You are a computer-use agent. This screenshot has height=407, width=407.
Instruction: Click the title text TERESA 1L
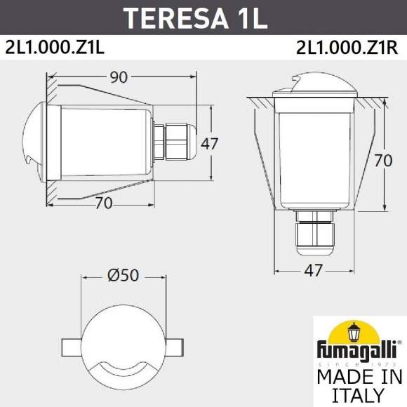(x=203, y=17)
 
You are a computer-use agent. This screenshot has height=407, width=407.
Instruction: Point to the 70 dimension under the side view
(x=104, y=203)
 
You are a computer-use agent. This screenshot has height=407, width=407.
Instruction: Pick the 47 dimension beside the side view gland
(x=210, y=144)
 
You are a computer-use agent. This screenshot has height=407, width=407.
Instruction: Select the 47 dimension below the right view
(x=313, y=269)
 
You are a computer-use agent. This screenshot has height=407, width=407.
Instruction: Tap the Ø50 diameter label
(x=124, y=276)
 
